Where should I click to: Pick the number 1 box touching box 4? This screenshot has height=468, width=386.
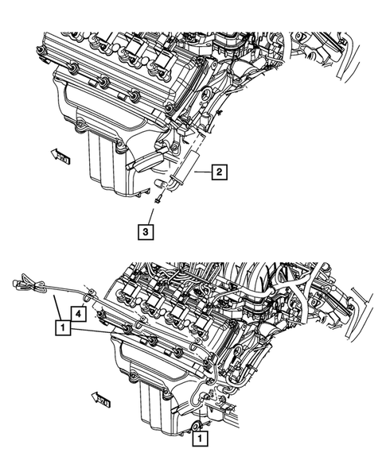click(61, 324)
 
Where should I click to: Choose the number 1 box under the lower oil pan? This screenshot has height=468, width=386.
click(200, 436)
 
